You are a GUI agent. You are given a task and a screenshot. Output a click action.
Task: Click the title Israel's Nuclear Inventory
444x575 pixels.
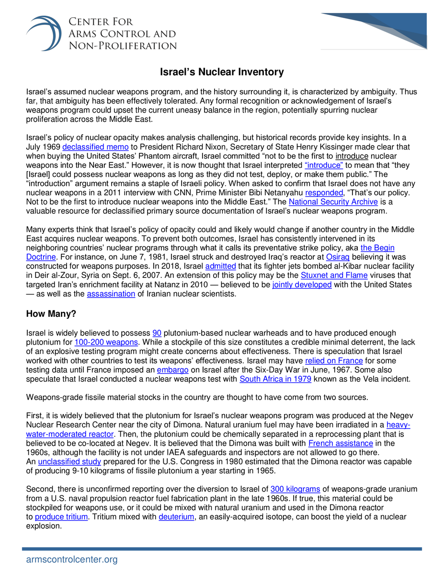coord(222,72)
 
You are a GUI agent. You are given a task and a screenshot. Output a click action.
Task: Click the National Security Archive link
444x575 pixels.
coord(333,202)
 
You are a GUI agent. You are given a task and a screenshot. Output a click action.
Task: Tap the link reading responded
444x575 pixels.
coord(324,193)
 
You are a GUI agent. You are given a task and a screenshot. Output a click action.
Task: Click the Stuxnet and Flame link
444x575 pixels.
coord(334,275)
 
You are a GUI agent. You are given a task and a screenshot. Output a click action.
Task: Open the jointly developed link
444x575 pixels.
coord(302,284)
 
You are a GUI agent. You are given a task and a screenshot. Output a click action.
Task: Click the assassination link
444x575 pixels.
coord(111,294)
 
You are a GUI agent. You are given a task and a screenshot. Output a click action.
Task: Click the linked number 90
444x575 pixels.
coord(157,333)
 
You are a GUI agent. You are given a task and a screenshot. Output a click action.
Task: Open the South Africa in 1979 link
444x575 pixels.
coord(275,379)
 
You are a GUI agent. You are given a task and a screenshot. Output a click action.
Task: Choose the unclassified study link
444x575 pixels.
coord(69,461)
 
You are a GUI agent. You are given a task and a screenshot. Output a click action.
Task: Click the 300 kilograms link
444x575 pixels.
coord(295,489)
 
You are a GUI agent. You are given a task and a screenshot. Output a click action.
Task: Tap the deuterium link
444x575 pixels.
coord(176,517)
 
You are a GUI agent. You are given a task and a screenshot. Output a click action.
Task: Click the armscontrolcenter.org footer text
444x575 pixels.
coord(71,559)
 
